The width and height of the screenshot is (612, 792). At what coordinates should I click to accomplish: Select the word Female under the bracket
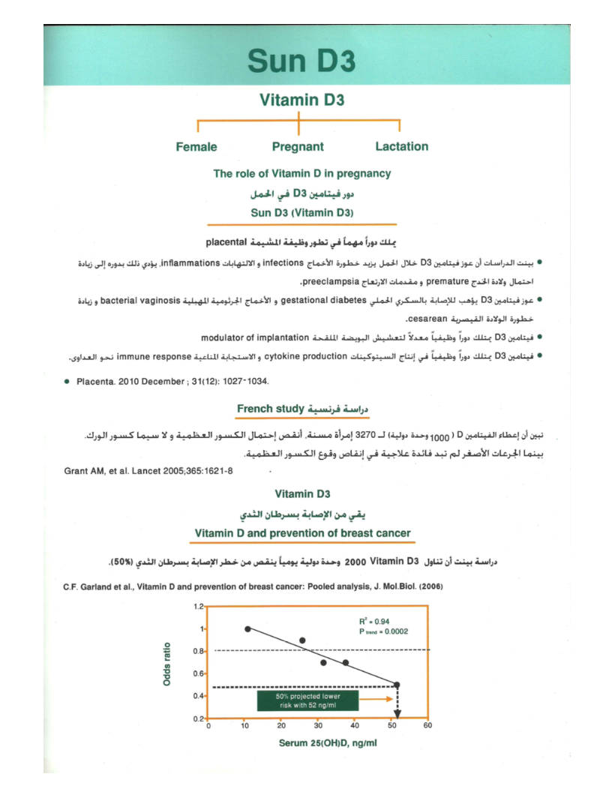[x=196, y=147]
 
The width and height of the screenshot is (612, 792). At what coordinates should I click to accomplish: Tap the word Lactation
[x=402, y=147]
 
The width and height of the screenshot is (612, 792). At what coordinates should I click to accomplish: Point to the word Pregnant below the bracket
[x=298, y=147]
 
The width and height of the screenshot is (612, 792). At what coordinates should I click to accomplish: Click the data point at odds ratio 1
[x=247, y=628]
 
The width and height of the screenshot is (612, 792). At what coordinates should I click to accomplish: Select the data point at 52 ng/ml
[x=397, y=685]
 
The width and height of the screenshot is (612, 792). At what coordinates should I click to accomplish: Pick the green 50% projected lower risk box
[x=307, y=700]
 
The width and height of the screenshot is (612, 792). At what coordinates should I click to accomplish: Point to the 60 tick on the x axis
[x=427, y=726]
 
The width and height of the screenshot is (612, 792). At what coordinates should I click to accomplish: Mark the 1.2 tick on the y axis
[x=198, y=606]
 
